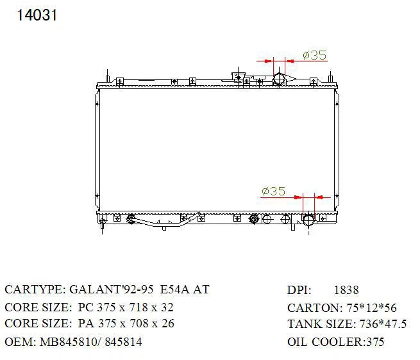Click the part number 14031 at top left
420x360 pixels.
(x=37, y=15)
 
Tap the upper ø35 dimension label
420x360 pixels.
(x=315, y=55)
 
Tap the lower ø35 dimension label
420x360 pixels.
(x=274, y=191)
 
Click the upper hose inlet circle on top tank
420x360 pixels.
(x=279, y=79)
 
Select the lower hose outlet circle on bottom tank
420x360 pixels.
(x=309, y=220)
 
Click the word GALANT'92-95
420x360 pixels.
(x=112, y=290)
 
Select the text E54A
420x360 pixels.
(x=174, y=290)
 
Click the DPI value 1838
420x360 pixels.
(x=346, y=290)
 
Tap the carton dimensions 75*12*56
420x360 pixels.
(x=371, y=308)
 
